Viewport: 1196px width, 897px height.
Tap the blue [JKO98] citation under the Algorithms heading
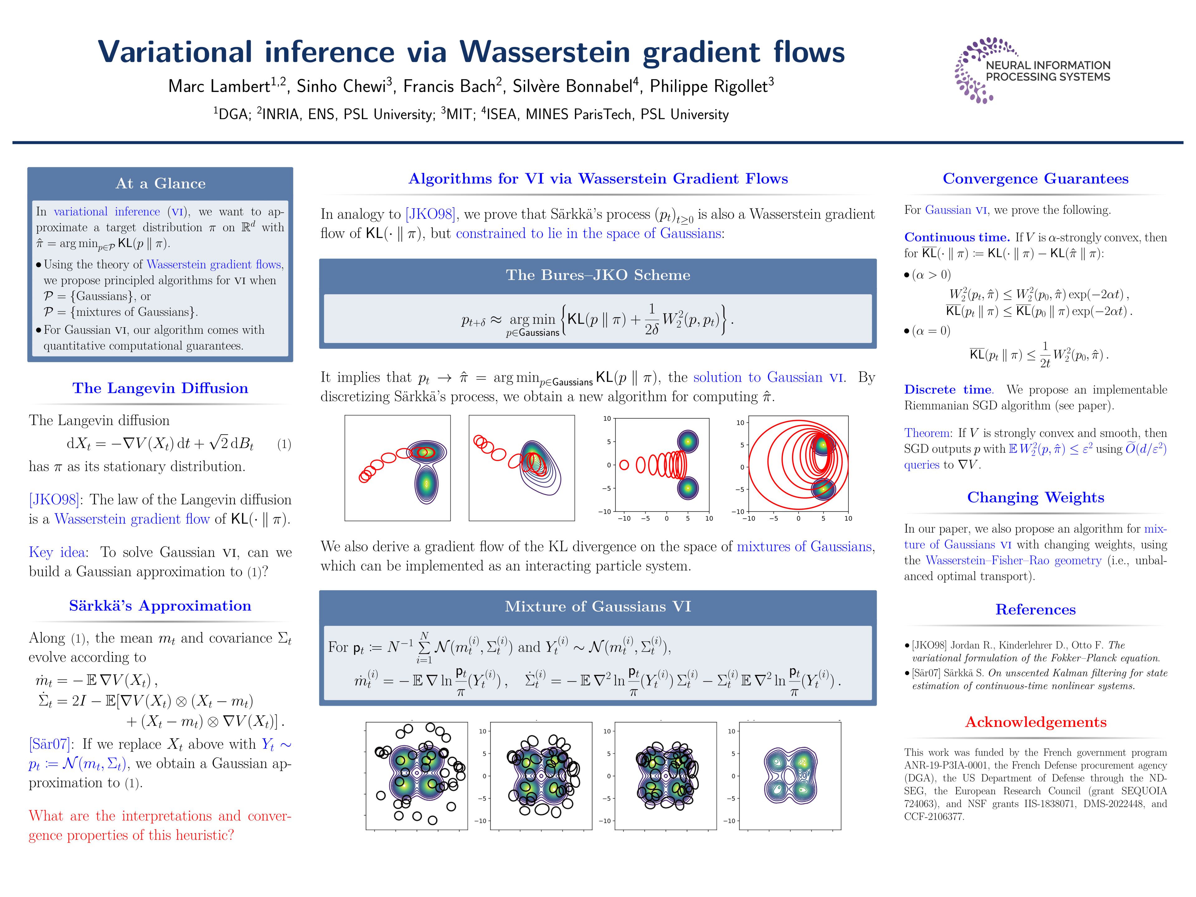pos(430,214)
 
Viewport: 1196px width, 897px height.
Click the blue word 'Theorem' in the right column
pos(927,433)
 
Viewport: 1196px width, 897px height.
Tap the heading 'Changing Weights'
pos(1035,497)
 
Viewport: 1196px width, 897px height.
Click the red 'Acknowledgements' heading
pos(1035,722)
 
